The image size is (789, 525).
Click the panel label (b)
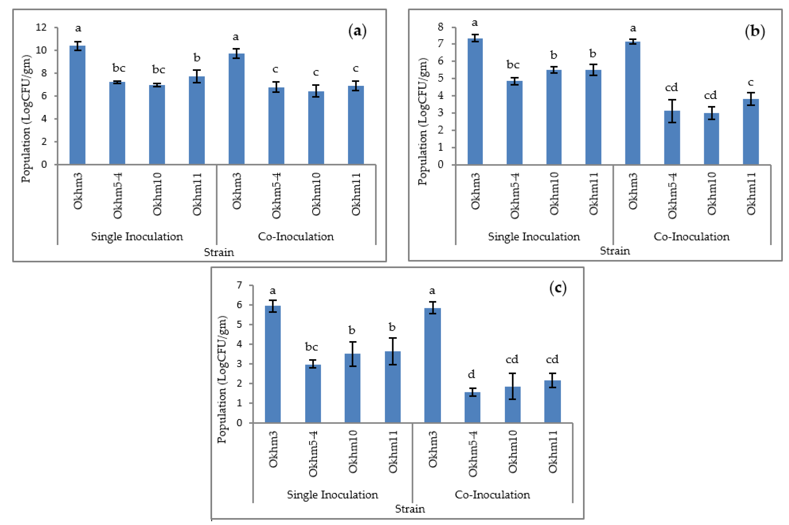click(755, 31)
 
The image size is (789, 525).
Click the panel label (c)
click(558, 288)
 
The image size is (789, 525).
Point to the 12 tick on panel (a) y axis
click(41, 27)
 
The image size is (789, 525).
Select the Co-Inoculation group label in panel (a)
click(296, 237)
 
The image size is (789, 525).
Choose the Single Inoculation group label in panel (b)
click(534, 237)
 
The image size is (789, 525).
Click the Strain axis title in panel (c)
click(410, 509)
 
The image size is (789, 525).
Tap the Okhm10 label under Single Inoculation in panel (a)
click(157, 194)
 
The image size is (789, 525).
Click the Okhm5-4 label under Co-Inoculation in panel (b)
click(672, 196)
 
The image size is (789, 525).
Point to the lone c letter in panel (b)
click(750, 82)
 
